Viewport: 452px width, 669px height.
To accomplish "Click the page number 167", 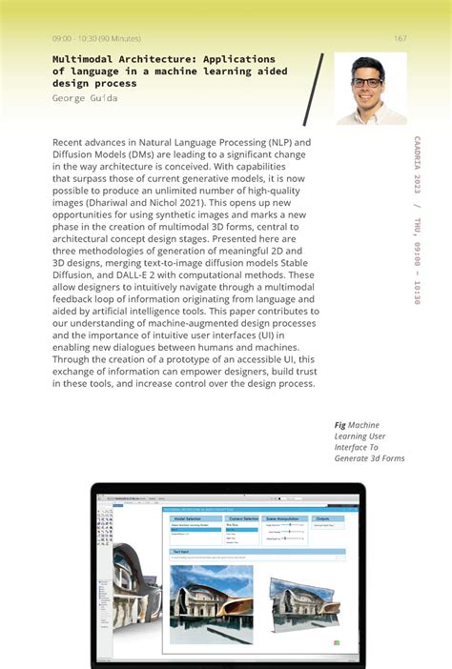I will coord(400,38).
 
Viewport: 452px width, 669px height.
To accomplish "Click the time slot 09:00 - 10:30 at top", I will coord(96,38).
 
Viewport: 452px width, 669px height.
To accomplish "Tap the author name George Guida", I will coord(85,98).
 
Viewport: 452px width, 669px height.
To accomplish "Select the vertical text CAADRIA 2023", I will coord(418,167).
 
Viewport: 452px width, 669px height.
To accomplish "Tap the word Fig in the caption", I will coord(339,425).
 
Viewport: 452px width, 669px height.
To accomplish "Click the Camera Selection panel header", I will coord(244,518).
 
